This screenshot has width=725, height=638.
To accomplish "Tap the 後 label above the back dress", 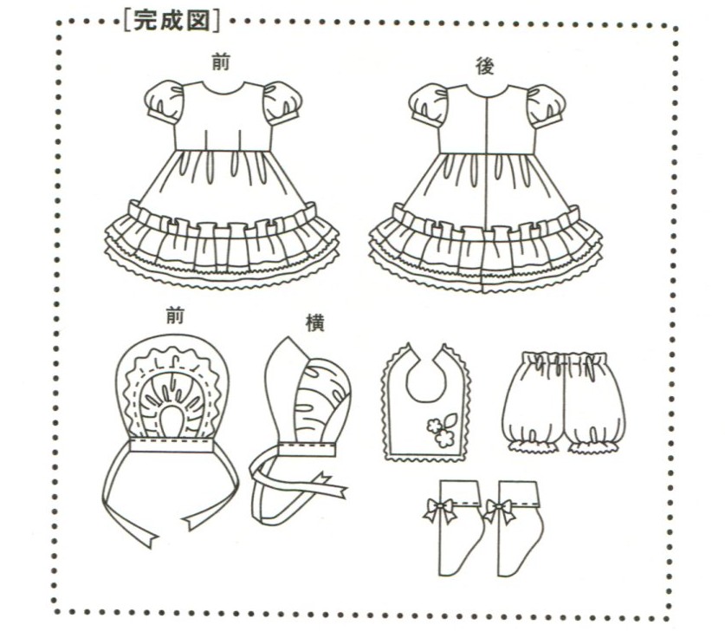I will [484, 65].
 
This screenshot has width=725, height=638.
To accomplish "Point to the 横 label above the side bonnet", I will [314, 322].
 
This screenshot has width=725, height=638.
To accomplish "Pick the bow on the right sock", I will [500, 510].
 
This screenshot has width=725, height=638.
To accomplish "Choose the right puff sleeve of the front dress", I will [282, 102].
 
